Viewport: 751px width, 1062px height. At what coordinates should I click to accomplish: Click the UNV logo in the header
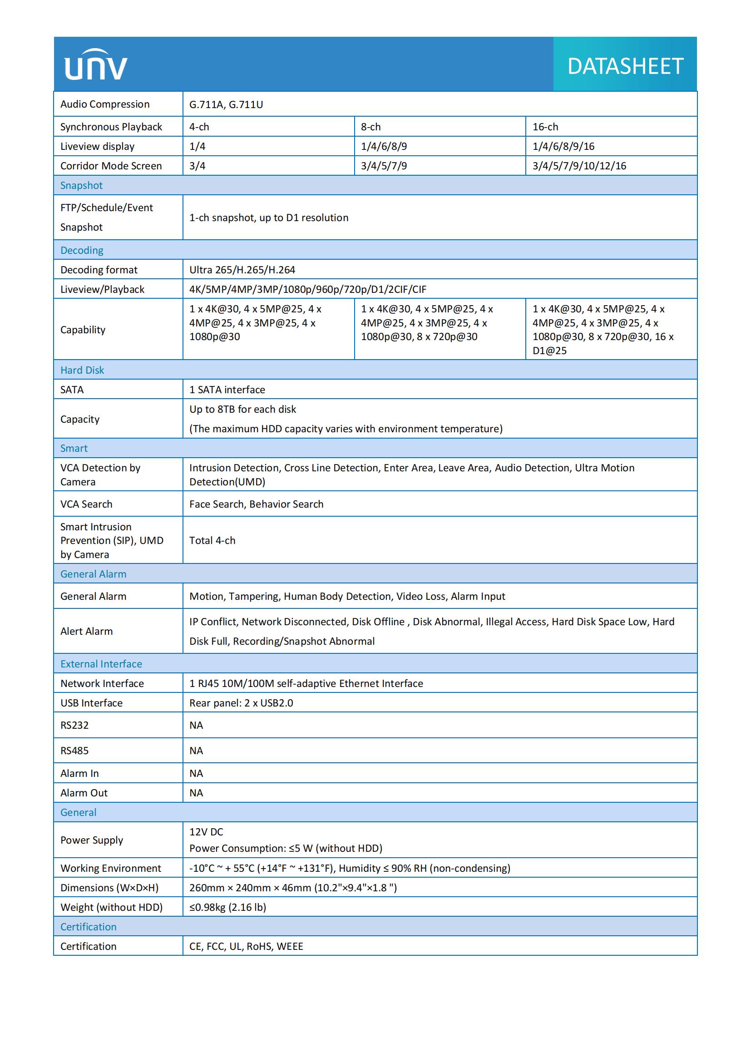(x=96, y=65)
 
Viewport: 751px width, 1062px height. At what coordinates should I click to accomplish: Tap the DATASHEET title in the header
(x=625, y=66)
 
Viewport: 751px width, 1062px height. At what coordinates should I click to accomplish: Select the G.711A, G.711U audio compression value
(x=226, y=104)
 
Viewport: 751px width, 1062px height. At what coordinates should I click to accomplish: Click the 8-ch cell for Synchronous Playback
(x=371, y=127)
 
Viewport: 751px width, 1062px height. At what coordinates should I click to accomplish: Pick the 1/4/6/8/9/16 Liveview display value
(x=563, y=147)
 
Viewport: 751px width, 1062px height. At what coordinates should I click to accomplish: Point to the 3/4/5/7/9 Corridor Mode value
(x=384, y=166)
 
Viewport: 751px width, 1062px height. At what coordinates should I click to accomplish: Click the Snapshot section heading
(x=81, y=186)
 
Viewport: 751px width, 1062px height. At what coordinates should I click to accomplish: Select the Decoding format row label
(x=99, y=270)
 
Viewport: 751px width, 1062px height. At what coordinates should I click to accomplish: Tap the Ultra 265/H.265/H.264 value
(x=242, y=270)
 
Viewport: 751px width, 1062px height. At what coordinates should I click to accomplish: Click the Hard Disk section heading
(x=82, y=370)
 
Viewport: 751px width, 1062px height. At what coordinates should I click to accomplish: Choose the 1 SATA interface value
(x=227, y=390)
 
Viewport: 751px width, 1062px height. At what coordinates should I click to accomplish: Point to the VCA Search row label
(x=86, y=504)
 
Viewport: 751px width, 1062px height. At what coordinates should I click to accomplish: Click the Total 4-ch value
(x=212, y=540)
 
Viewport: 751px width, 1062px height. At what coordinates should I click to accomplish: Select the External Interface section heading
(x=101, y=664)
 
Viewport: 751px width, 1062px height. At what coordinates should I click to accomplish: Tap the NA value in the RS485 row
(x=196, y=750)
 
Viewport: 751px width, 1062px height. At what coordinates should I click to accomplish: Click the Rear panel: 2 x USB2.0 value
(x=241, y=703)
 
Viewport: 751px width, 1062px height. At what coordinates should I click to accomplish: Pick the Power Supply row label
(x=92, y=840)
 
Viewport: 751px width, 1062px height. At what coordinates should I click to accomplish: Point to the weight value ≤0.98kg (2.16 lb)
(x=227, y=907)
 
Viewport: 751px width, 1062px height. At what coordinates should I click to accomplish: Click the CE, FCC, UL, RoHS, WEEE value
(x=246, y=946)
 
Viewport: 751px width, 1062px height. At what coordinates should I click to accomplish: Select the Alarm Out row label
(x=84, y=793)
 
